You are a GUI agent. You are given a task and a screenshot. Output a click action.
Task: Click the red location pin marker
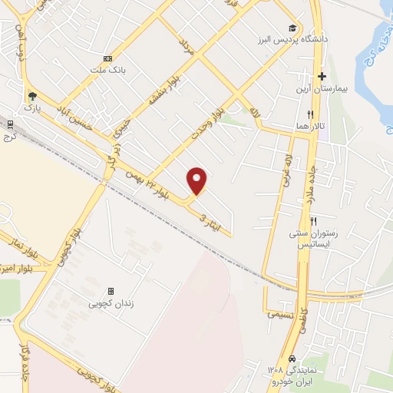(197, 180)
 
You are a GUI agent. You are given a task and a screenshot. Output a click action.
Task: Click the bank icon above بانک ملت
(107, 58)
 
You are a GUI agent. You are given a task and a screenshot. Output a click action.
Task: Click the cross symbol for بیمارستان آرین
(322, 77)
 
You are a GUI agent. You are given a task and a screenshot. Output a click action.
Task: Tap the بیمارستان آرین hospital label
(322, 88)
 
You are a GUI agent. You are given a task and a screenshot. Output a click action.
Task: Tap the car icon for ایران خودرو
(292, 359)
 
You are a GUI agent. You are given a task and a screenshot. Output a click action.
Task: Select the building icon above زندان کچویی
(111, 292)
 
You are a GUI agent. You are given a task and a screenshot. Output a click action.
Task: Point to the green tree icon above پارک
(31, 97)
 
